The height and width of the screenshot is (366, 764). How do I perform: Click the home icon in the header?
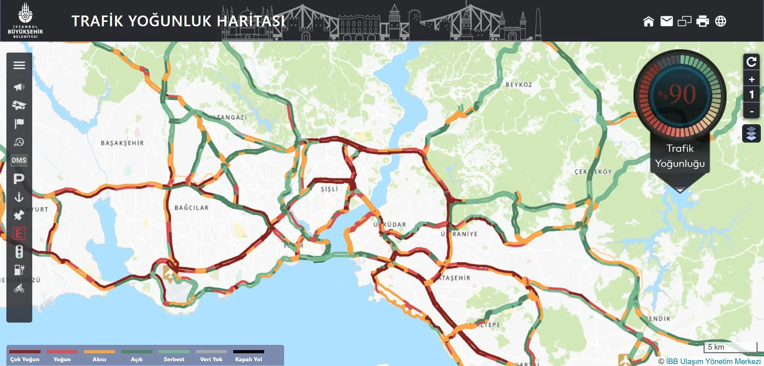coord(649,21)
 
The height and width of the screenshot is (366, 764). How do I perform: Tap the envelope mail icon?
coord(667,21)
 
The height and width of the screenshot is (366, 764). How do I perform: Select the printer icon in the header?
coord(703,21)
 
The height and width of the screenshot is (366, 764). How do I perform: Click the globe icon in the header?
coord(721,21)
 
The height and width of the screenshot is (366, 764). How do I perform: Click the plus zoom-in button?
coord(752,79)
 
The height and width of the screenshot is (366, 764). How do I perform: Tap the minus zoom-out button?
coord(752,112)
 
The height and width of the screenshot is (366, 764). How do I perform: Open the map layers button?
coord(751,133)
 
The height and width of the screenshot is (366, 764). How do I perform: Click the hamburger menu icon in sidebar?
coord(19,65)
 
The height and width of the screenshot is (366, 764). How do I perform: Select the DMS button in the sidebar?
coord(19,160)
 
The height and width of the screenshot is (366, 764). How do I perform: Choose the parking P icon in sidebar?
coord(19,179)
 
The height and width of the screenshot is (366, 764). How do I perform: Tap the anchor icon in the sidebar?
coord(19,197)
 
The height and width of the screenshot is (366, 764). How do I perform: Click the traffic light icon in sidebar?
coord(19,252)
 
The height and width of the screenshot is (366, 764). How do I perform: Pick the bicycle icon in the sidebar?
coord(19,289)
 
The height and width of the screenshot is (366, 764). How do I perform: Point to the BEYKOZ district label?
coord(518,85)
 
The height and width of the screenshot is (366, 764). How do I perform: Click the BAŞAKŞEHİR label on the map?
coord(122,143)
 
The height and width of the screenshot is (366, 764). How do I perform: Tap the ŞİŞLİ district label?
coord(329,189)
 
